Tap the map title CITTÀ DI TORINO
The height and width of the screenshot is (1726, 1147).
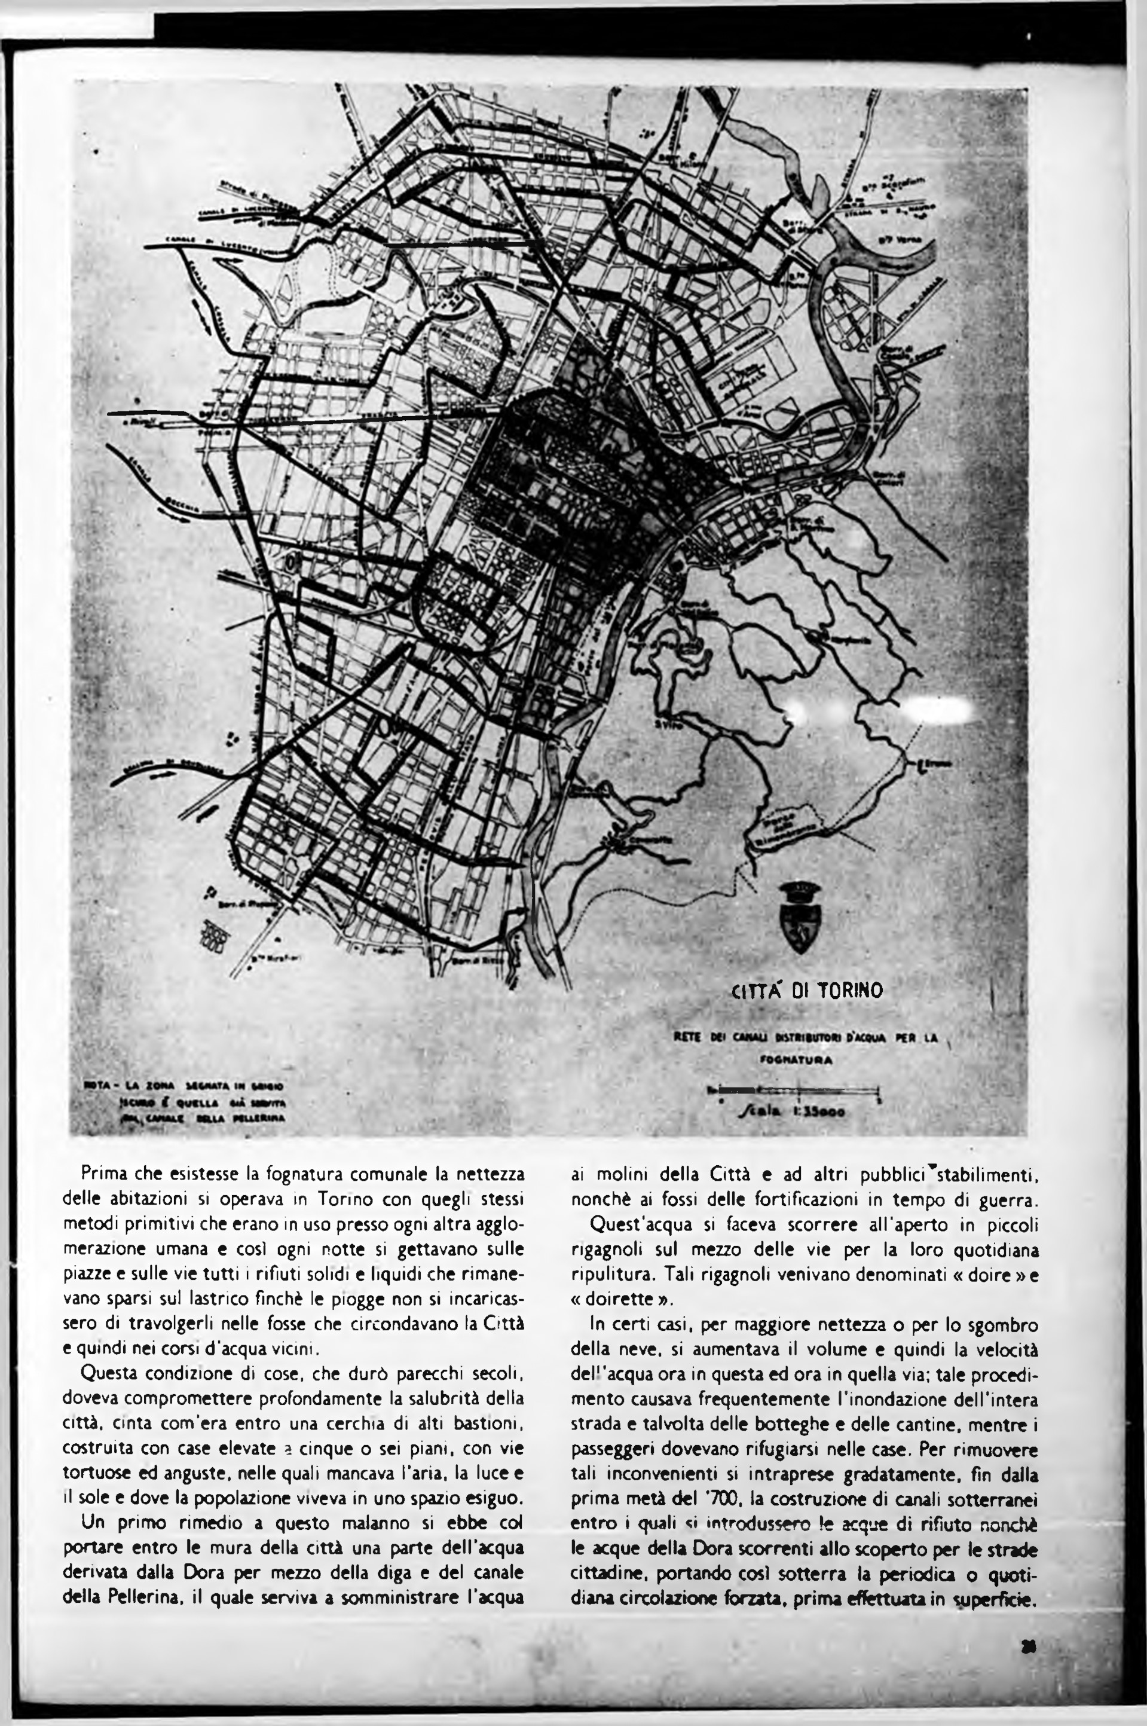click(x=808, y=991)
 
